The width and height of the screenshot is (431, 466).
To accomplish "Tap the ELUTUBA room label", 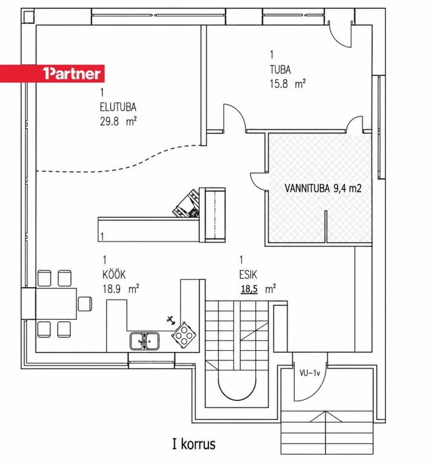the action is pos(118,107).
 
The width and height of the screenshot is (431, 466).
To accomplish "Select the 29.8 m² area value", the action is pos(118,121).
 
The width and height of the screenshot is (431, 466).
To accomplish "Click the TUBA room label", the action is pos(280,70).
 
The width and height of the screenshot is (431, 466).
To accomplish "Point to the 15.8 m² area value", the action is pos(287,84).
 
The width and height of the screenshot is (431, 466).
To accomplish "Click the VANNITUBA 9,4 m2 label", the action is pos(323,189).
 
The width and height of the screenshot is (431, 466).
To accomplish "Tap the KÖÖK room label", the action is pos(114,274).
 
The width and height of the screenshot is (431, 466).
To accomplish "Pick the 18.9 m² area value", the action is pos(121,289).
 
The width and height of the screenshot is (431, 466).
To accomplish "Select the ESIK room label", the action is pos(248,275).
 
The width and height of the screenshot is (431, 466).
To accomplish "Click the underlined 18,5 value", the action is pos(249,289).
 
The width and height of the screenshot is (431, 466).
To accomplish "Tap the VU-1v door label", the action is pos(309,374).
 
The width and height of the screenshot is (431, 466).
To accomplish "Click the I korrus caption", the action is pos(194,444).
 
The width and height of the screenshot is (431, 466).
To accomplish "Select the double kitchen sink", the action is pos(144,341).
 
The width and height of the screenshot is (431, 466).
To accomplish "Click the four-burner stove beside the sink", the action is pos(184,335).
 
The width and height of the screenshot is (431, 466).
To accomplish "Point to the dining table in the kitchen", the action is pos(56,304).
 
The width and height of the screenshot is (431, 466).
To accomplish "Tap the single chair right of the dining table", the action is pos(85,304).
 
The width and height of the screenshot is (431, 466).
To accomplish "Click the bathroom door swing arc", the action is pos(258,181).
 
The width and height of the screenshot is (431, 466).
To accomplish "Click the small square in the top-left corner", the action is pos(28,16).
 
